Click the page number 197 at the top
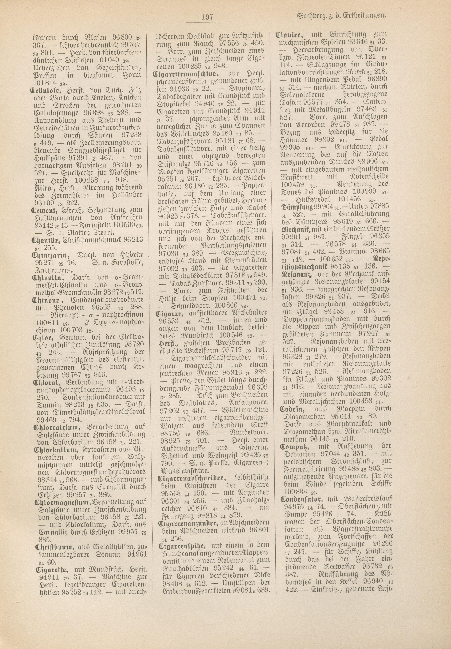click(208, 16)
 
